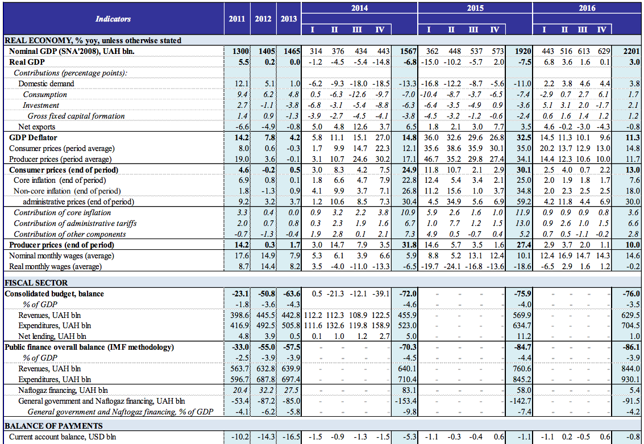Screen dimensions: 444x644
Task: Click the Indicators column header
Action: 113,19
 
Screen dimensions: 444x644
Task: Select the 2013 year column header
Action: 289,19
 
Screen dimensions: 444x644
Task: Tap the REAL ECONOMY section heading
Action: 93,40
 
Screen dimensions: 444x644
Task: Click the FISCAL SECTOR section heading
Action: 36,283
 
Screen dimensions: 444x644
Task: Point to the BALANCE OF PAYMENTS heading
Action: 53,426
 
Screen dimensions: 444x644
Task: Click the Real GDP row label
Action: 27,62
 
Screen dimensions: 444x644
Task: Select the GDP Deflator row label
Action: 33,137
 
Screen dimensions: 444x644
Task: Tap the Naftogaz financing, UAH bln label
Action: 63,390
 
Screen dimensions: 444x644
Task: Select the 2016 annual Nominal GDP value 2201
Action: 631,51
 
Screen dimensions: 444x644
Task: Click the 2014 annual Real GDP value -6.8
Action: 408,62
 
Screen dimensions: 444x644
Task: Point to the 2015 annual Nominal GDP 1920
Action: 522,51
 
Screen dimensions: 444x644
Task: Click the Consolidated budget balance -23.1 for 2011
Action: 239,294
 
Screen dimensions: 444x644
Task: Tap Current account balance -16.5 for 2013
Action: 289,437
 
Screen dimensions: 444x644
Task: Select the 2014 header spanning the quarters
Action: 359,8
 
